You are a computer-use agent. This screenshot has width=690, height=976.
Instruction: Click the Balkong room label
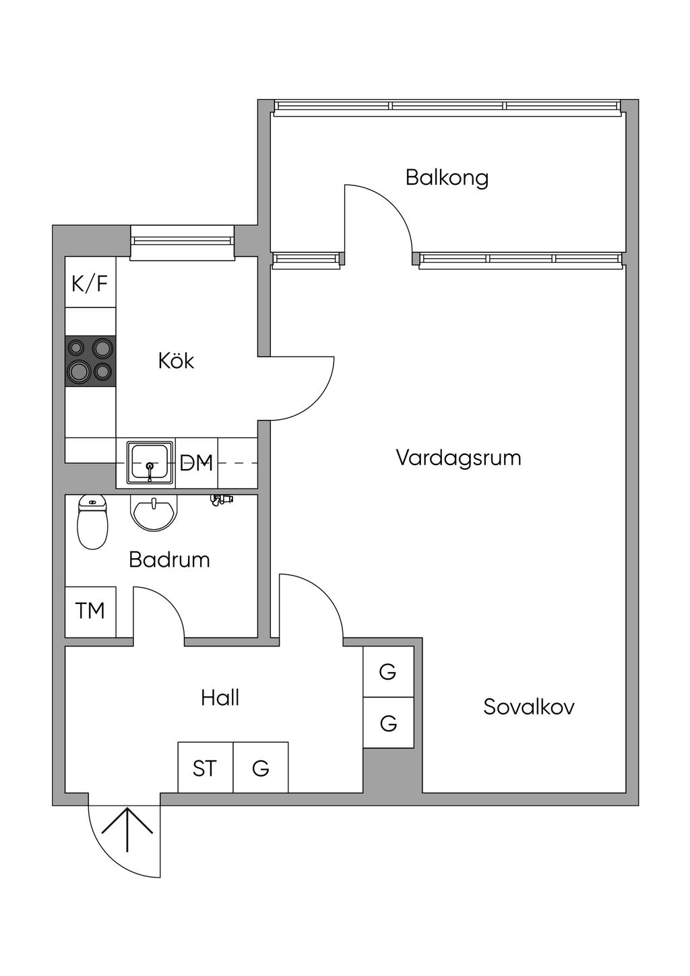click(447, 177)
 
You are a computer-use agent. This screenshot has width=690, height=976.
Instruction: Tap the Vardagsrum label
click(458, 458)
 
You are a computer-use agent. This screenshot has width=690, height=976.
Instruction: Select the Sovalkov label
click(529, 707)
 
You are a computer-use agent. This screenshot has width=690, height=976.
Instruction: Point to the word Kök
click(176, 361)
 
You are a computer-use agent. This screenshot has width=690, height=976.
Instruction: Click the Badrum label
click(169, 559)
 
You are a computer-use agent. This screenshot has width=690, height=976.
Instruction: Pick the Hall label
click(220, 698)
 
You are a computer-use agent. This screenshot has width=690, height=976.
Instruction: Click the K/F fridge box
click(90, 283)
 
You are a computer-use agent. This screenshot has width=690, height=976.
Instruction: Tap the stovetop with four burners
click(90, 361)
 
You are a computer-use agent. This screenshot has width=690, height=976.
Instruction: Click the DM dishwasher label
click(196, 463)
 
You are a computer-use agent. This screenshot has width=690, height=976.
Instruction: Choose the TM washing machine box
click(90, 611)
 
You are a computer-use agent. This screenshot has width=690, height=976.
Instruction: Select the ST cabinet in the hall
click(205, 768)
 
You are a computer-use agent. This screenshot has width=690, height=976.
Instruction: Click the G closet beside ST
click(261, 768)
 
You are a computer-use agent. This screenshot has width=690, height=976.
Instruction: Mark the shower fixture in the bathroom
click(220, 499)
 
